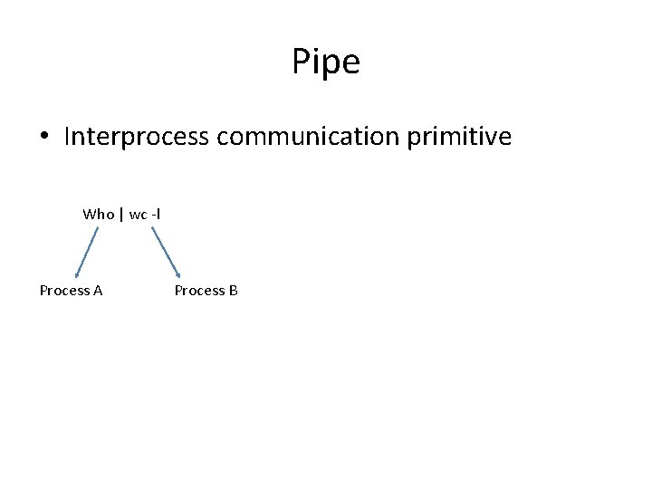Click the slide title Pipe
point(326,62)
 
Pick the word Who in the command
point(98,215)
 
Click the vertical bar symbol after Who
point(121,215)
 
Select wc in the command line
point(138,215)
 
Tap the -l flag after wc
point(156,215)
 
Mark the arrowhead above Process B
point(178,273)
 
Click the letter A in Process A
point(97,291)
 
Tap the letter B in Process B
point(233,291)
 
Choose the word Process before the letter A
point(64,291)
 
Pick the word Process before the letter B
point(199,291)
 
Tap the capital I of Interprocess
point(68,138)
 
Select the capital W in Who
point(89,215)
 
